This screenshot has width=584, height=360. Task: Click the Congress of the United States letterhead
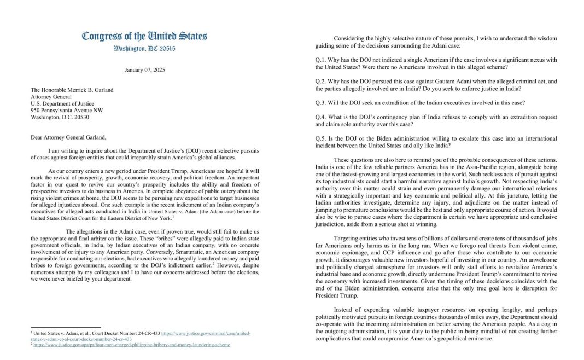coord(144,37)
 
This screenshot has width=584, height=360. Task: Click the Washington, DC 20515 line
coord(144,49)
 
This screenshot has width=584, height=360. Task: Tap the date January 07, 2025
coord(144,70)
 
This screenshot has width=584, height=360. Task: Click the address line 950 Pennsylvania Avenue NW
coord(67,109)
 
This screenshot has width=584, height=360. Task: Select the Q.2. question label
coord(322,81)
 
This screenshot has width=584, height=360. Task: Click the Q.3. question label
coord(322,102)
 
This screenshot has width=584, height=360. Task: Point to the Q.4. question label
coord(322,117)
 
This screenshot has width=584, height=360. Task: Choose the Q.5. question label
coord(322,137)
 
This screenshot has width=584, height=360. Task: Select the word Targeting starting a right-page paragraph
coord(350,238)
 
